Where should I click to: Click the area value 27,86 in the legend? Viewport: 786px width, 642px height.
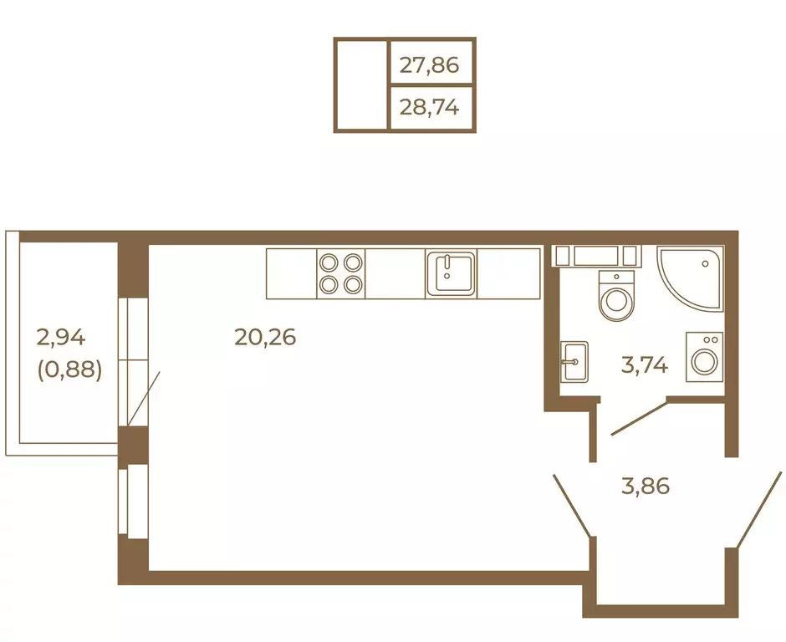[x=429, y=65]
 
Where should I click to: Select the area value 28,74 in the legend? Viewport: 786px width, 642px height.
[x=429, y=107]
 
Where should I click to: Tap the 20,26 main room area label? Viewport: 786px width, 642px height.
[x=265, y=337]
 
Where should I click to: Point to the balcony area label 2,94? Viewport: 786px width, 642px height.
[x=61, y=337]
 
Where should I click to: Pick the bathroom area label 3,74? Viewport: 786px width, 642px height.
[x=644, y=364]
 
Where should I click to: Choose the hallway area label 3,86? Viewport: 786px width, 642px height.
[x=646, y=487]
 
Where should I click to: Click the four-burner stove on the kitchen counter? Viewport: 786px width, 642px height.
[x=341, y=273]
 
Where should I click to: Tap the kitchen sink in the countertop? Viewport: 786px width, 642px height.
[x=451, y=273]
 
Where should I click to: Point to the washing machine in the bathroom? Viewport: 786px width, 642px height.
[x=704, y=357]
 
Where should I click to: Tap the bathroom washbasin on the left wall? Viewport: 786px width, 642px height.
[x=574, y=362]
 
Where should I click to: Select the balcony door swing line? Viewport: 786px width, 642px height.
[x=144, y=400]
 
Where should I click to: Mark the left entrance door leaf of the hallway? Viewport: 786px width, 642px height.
[x=571, y=505]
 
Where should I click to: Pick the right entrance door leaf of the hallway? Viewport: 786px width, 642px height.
[x=759, y=509]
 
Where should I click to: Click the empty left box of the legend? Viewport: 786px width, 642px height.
[x=361, y=85]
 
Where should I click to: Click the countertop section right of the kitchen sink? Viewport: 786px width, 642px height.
[x=508, y=273]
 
